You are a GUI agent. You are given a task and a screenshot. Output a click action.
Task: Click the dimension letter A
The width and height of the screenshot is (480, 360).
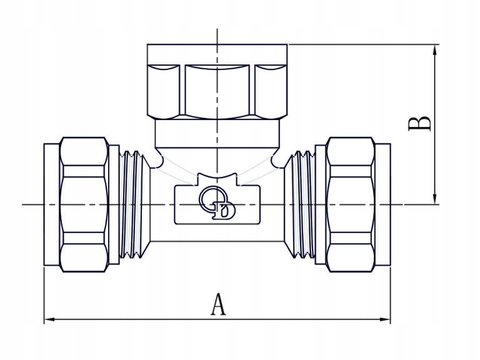(x=219, y=304)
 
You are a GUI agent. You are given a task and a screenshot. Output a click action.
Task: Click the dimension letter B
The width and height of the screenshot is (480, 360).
(x=419, y=123)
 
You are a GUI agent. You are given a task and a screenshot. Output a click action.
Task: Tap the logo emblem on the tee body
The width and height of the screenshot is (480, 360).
(x=217, y=202)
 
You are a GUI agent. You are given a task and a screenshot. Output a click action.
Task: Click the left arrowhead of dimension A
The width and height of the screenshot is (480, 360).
(x=49, y=319)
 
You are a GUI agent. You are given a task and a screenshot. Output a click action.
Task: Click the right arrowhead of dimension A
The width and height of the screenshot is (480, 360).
(x=385, y=319)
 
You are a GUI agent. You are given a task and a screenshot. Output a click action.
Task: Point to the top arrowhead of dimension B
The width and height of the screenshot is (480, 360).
(x=434, y=50)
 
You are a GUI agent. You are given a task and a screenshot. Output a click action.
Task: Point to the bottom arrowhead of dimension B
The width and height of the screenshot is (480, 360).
(x=434, y=199)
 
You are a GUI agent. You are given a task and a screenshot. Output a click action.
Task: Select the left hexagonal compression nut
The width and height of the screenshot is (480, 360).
(x=84, y=204)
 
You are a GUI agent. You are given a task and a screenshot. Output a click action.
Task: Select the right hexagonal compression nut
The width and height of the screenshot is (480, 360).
(x=351, y=204)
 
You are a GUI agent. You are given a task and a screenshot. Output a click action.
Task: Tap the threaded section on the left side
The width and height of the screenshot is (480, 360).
(x=132, y=204)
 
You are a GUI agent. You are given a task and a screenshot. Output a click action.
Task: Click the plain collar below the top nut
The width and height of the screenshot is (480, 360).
(x=217, y=134)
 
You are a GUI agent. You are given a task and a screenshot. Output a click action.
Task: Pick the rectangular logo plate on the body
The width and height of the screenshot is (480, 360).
(x=217, y=204)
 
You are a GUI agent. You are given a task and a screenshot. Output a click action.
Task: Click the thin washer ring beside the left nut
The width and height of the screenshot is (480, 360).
(x=114, y=204)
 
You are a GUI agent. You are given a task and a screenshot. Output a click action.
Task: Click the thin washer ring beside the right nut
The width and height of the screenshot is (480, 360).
(x=321, y=204)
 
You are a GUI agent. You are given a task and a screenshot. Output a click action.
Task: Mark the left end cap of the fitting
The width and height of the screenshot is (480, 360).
(x=52, y=204)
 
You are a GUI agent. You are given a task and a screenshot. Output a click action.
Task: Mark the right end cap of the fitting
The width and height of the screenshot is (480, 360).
(x=383, y=204)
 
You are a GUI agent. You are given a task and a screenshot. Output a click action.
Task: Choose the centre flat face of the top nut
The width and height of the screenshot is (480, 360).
(x=217, y=91)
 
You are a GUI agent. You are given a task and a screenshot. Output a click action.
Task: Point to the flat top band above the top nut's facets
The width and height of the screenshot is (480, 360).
(x=217, y=54)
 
